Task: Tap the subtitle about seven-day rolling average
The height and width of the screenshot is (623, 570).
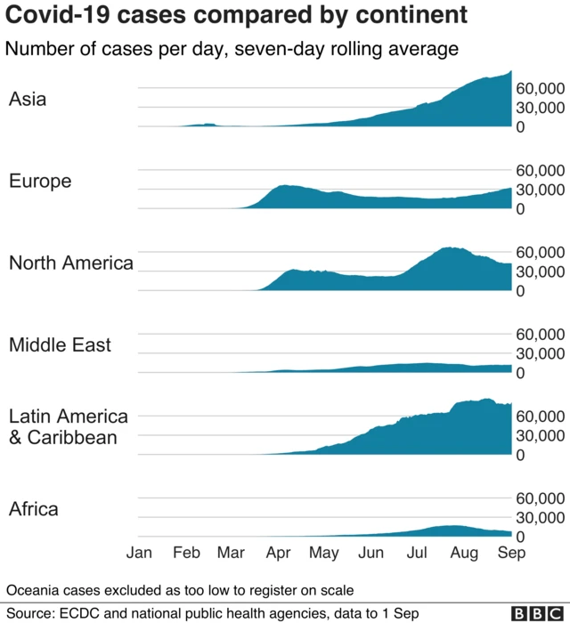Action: point(232,49)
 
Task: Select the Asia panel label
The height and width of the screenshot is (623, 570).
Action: point(28,99)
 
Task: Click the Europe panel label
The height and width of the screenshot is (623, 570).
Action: point(40,181)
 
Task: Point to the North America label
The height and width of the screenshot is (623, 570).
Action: point(71,263)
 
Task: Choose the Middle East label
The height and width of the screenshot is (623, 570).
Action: point(61,344)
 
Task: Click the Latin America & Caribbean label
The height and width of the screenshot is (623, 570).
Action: point(69,426)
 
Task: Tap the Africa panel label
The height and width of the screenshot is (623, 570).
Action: point(34,509)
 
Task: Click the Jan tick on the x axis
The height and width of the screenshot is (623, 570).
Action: point(140,553)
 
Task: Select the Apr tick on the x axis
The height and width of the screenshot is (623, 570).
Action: point(279,553)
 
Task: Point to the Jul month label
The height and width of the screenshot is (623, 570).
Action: point(417,553)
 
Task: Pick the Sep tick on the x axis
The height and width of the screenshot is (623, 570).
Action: point(510,553)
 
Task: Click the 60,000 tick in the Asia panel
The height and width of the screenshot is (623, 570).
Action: point(541,89)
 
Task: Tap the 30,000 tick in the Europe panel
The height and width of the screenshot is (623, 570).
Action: point(541,190)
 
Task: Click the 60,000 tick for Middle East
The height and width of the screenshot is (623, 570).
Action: point(541,334)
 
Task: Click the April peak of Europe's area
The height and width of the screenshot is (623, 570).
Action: point(285,187)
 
